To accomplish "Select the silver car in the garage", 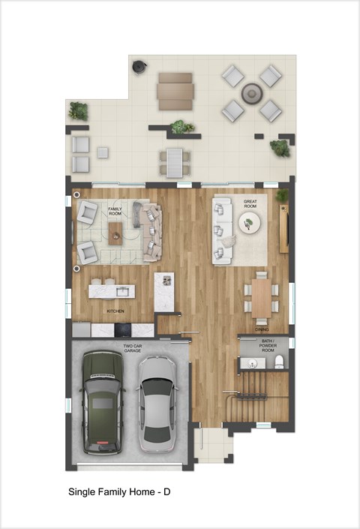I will (x=157, y=399).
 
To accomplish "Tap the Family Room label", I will (x=115, y=211).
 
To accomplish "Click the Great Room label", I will (x=250, y=202).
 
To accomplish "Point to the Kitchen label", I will (x=115, y=311).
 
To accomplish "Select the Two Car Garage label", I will (x=133, y=348).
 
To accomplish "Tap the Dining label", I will (x=262, y=329).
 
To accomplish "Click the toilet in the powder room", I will (x=279, y=363).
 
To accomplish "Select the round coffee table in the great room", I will (x=250, y=222).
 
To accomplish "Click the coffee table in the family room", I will (x=115, y=234).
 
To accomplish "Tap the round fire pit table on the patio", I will (x=250, y=93).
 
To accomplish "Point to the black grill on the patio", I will (x=139, y=67).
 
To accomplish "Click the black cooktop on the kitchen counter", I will (x=123, y=329).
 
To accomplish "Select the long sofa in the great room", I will (x=221, y=230).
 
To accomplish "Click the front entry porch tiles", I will (x=213, y=444).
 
